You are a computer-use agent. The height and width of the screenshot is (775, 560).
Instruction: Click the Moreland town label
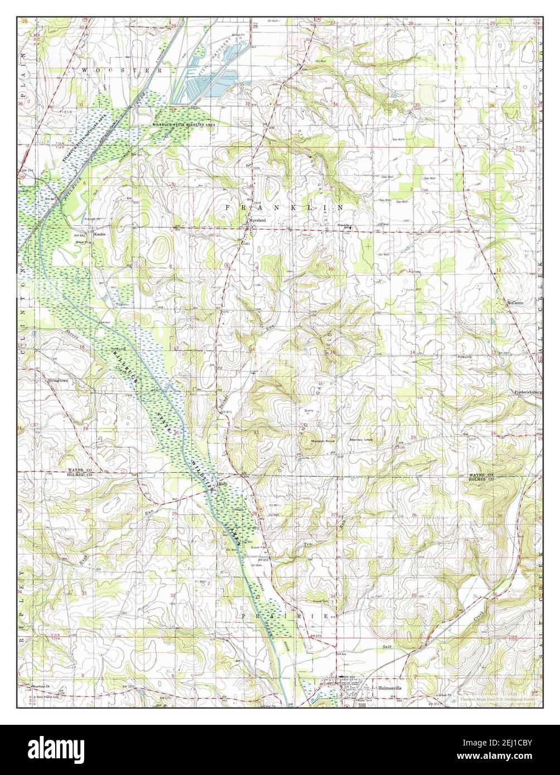(257, 221)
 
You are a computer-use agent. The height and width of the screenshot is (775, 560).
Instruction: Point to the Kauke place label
(100, 235)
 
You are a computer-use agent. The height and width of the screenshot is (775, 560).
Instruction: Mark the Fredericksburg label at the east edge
(528, 393)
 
